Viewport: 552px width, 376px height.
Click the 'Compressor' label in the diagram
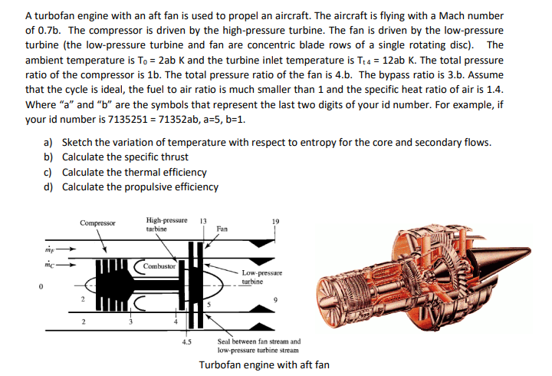pyautogui.click(x=97, y=223)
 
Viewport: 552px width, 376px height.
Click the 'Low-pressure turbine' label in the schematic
pyautogui.click(x=261, y=277)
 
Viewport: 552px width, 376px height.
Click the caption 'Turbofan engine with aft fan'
pyautogui.click(x=264, y=364)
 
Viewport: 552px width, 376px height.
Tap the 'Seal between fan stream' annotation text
pyautogui.click(x=258, y=341)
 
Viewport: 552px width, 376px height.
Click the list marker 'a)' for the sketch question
pyautogui.click(x=48, y=142)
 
